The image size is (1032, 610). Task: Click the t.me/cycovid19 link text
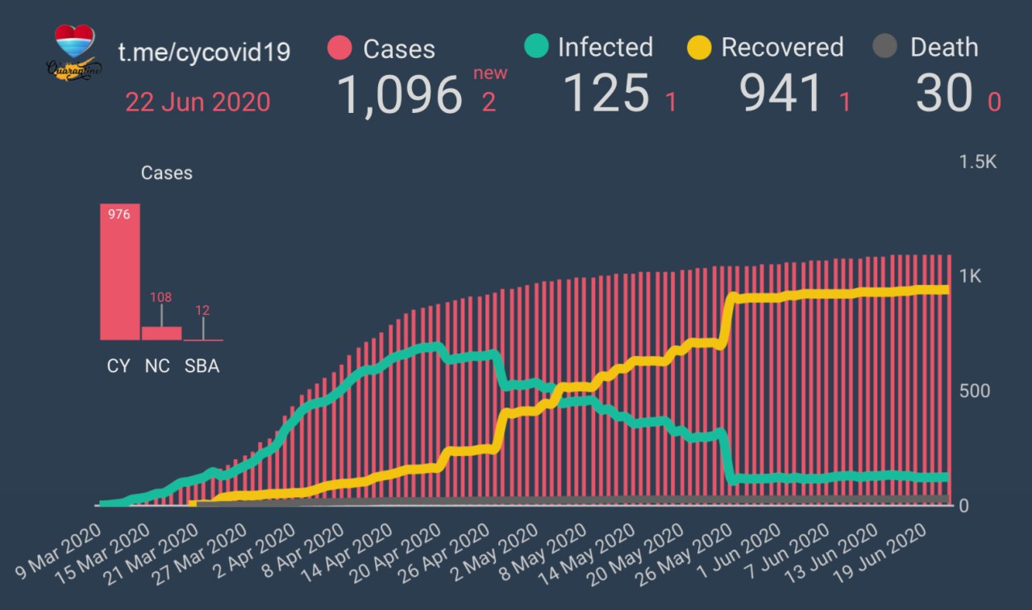click(x=204, y=52)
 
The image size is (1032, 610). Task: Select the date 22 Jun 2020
click(x=198, y=102)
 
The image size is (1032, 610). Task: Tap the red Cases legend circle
click(x=340, y=48)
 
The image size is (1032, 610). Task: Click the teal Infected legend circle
click(x=535, y=47)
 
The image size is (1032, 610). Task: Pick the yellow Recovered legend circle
click(x=699, y=47)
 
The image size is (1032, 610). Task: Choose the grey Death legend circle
click(x=885, y=47)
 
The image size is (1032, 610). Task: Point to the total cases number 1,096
click(x=399, y=94)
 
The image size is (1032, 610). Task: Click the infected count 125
click(x=605, y=93)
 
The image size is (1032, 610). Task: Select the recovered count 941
click(x=782, y=93)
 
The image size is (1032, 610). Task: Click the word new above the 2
click(x=490, y=73)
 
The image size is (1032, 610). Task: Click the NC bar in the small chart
click(x=161, y=333)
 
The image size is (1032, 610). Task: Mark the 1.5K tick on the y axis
click(x=977, y=162)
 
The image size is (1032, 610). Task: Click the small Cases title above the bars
click(x=166, y=173)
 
